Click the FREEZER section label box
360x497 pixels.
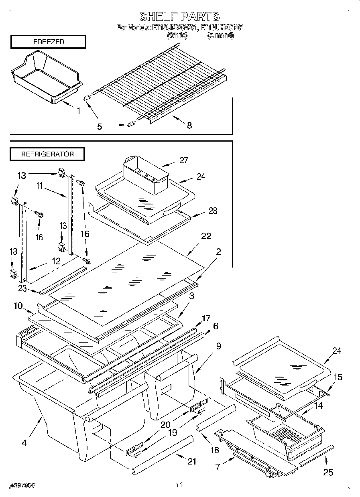click(x=48, y=42)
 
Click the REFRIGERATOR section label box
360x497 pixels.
click(x=47, y=154)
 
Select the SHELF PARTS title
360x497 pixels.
click(x=179, y=16)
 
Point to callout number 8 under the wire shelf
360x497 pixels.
click(x=189, y=126)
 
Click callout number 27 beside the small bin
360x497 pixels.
click(x=183, y=160)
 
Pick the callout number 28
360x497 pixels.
click(x=213, y=211)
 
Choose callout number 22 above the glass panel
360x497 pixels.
click(x=206, y=236)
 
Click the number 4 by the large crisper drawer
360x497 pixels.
click(x=24, y=443)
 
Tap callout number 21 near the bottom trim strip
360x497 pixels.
click(x=192, y=461)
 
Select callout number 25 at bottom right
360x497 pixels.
click(x=328, y=472)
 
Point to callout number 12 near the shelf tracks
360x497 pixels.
click(x=56, y=261)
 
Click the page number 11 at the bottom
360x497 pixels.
click(x=179, y=485)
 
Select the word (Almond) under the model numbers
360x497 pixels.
click(x=220, y=36)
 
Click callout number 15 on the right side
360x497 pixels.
click(x=338, y=377)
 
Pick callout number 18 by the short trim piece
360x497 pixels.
click(x=215, y=450)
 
